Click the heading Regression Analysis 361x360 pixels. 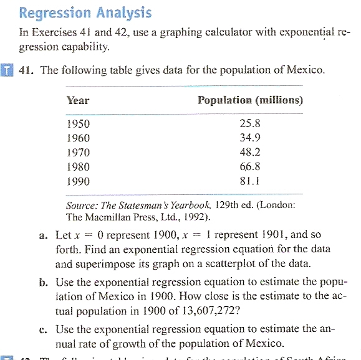[x=85, y=12]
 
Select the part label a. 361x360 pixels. [x=41, y=236]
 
